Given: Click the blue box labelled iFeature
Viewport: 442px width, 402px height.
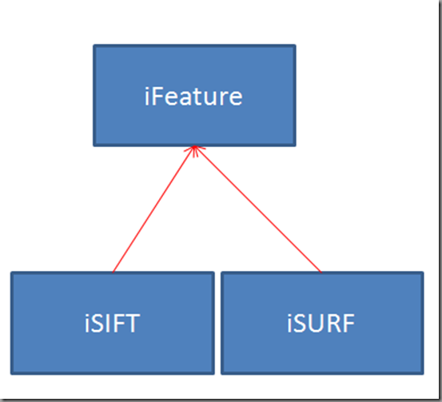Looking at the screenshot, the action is [194, 95].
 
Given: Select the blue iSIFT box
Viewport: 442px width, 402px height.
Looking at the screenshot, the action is [113, 323].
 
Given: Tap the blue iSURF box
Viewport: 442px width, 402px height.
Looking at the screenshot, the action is [322, 323].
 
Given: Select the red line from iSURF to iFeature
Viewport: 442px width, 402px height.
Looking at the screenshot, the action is [257, 209].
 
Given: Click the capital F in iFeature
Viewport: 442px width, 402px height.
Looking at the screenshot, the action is [157, 97].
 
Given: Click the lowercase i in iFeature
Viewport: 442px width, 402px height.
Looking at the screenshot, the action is [146, 97].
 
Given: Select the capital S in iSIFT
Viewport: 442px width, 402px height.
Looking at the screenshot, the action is [97, 324].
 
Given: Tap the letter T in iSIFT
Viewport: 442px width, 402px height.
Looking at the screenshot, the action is [132, 324].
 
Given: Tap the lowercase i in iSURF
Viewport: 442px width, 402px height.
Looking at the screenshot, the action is [289, 324].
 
